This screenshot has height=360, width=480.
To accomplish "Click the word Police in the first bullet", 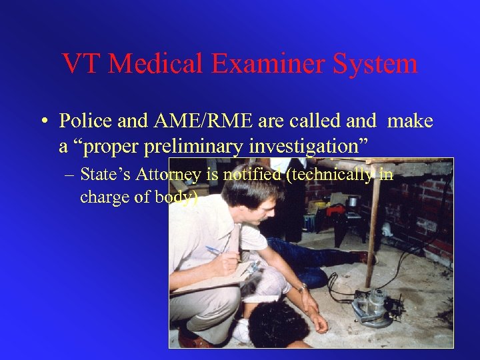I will (x=85, y=121).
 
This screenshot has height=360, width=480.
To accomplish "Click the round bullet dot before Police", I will (x=43, y=122).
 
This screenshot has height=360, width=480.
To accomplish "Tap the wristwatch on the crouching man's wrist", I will (x=303, y=288).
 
